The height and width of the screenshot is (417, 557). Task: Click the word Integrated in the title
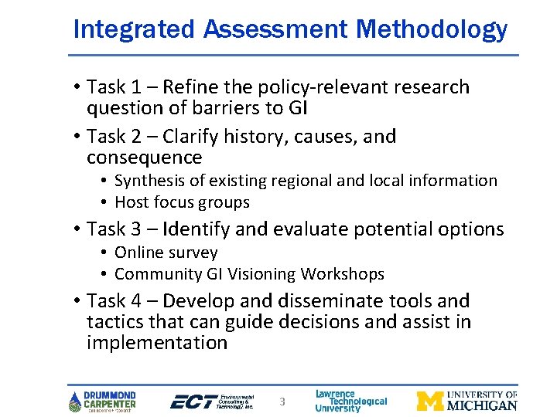coord(134,29)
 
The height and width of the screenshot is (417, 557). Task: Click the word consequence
coord(145,158)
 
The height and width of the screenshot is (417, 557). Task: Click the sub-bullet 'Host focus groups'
coord(182,202)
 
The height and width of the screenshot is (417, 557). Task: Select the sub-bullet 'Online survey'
coord(166,253)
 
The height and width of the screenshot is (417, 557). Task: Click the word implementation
coord(157,343)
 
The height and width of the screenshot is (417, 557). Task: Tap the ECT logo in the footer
coord(210,401)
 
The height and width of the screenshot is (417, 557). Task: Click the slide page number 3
coord(282,402)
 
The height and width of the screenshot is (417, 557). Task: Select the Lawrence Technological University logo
coord(350,401)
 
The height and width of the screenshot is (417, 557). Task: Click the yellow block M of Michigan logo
coord(430,401)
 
